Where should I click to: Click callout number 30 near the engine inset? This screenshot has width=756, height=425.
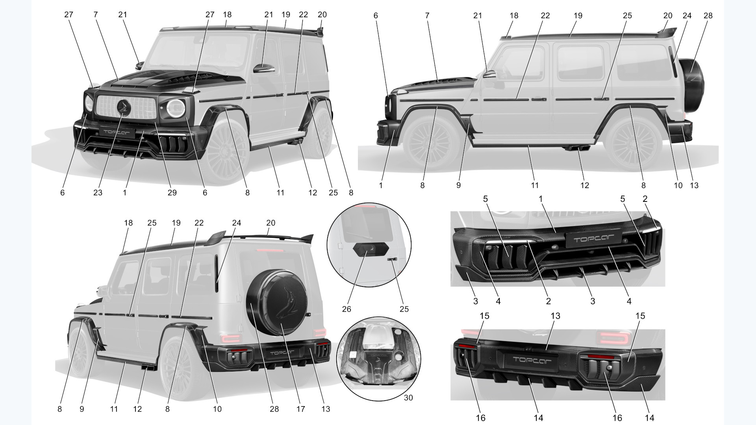408,398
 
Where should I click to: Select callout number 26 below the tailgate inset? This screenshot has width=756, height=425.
346,309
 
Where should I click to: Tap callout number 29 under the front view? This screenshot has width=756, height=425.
172,193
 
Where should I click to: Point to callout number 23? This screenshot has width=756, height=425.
98,193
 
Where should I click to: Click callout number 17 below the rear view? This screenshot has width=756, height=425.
300,409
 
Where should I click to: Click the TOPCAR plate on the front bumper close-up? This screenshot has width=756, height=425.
593,239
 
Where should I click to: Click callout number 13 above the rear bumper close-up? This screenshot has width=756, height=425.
555,316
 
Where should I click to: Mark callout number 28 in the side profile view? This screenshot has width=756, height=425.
708,16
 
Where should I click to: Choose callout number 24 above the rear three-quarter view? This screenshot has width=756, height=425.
236,223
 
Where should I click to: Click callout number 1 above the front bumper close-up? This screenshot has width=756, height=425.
541,199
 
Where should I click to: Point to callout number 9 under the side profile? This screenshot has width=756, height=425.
458,185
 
